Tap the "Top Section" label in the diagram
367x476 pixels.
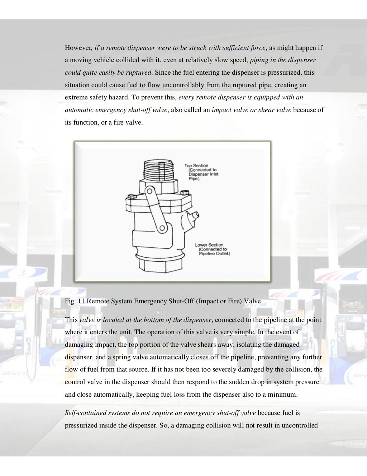pyautogui.click(x=196, y=165)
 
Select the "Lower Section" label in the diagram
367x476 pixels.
pyautogui.click(x=209, y=245)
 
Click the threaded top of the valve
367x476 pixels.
pyautogui.click(x=158, y=170)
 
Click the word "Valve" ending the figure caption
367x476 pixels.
pyautogui.click(x=252, y=301)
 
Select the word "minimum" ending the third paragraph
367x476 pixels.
pyautogui.click(x=283, y=395)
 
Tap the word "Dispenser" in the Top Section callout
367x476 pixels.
pyautogui.click(x=199, y=174)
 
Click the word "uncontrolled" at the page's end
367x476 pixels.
pyautogui.click(x=300, y=426)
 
